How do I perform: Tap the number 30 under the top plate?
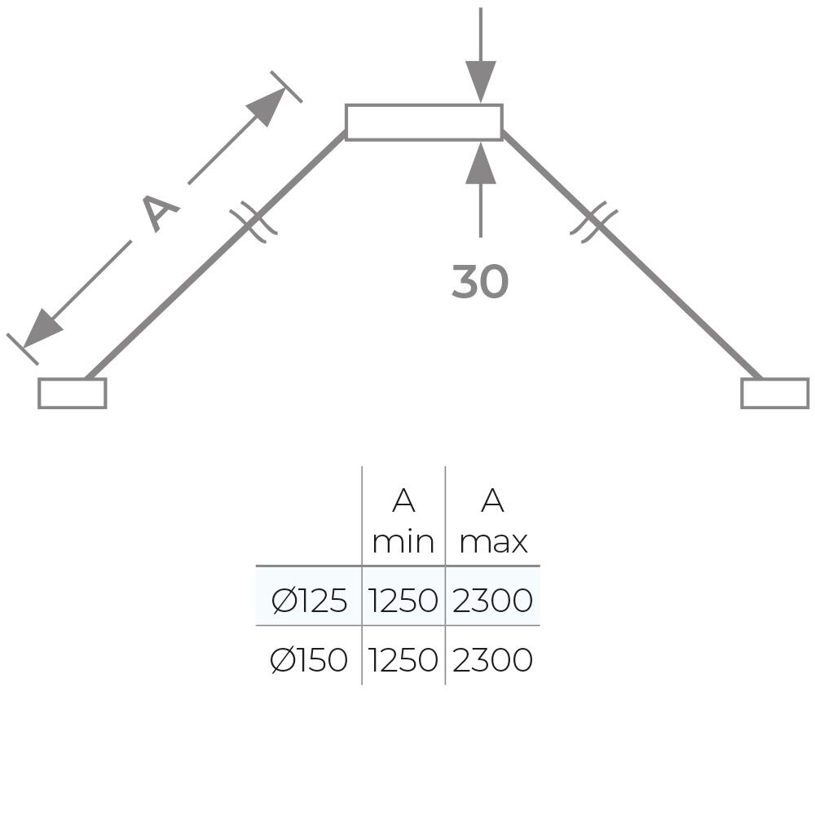pyautogui.click(x=479, y=282)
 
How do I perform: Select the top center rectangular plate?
pyautogui.click(x=423, y=122)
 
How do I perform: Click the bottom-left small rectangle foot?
pyautogui.click(x=72, y=393)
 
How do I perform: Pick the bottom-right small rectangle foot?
pyautogui.click(x=774, y=393)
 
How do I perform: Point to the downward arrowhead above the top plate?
pyautogui.click(x=481, y=82)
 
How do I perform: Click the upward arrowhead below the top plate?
pyautogui.click(x=481, y=162)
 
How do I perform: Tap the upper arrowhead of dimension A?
pyautogui.click(x=267, y=105)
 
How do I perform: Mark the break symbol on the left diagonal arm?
pyautogui.click(x=253, y=222)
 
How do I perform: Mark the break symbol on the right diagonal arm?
pyautogui.click(x=593, y=222)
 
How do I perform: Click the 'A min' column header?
pyautogui.click(x=403, y=521)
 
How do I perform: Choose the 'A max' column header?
pyautogui.click(x=492, y=521)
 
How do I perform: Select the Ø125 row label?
pyautogui.click(x=309, y=601)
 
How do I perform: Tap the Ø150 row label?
pyautogui.click(x=309, y=660)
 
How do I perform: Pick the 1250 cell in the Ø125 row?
pyautogui.click(x=403, y=601)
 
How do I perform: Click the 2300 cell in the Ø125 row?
pyautogui.click(x=492, y=601)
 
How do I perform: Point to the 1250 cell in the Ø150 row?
pyautogui.click(x=403, y=660)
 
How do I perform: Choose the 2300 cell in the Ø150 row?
pyautogui.click(x=492, y=660)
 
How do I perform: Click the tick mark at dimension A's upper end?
pyautogui.click(x=286, y=86)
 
